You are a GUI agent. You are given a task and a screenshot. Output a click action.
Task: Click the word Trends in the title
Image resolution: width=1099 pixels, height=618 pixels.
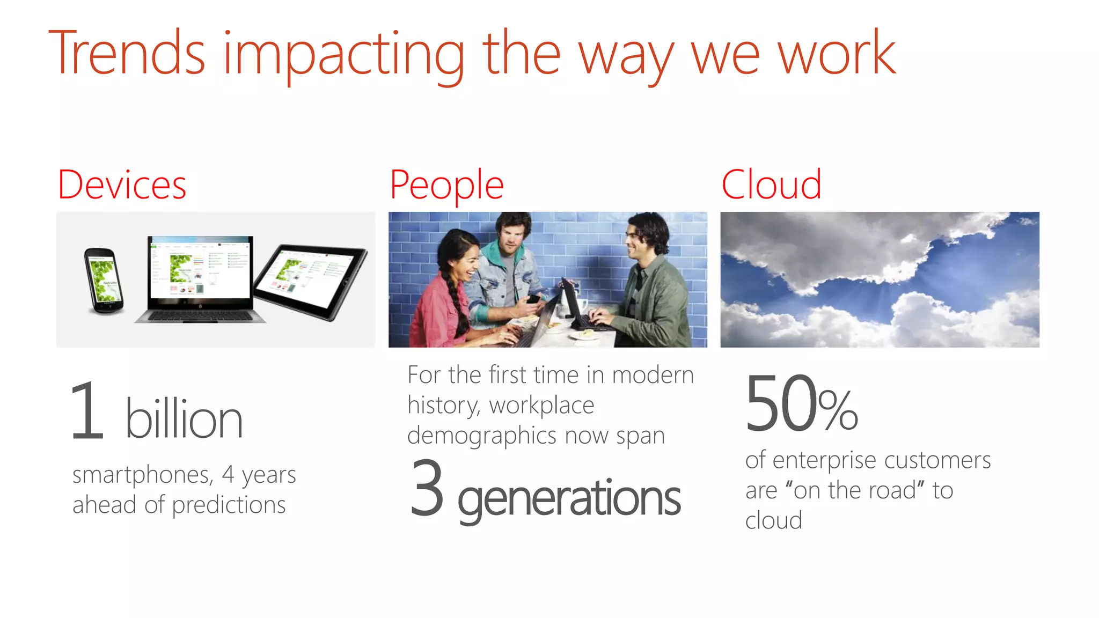pyautogui.click(x=127, y=54)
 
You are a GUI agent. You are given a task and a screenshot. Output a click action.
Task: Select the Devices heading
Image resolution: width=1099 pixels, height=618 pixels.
pyautogui.click(x=122, y=185)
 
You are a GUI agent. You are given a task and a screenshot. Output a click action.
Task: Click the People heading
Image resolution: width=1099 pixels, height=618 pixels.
pyautogui.click(x=446, y=185)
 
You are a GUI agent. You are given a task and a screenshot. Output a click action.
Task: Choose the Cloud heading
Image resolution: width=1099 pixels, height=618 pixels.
pyautogui.click(x=771, y=185)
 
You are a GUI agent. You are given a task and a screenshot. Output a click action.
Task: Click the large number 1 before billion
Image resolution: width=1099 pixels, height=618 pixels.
pyautogui.click(x=87, y=411)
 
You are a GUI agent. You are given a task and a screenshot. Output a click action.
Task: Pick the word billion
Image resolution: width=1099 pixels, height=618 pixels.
pyautogui.click(x=184, y=420)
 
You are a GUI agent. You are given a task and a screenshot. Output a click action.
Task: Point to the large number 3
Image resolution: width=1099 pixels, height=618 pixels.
pyautogui.click(x=427, y=488)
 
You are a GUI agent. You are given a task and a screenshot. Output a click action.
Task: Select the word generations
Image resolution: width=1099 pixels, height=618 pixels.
pyautogui.click(x=569, y=499)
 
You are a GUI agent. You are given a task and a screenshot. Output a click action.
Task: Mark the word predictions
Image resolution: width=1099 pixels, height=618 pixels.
pyautogui.click(x=229, y=505)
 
